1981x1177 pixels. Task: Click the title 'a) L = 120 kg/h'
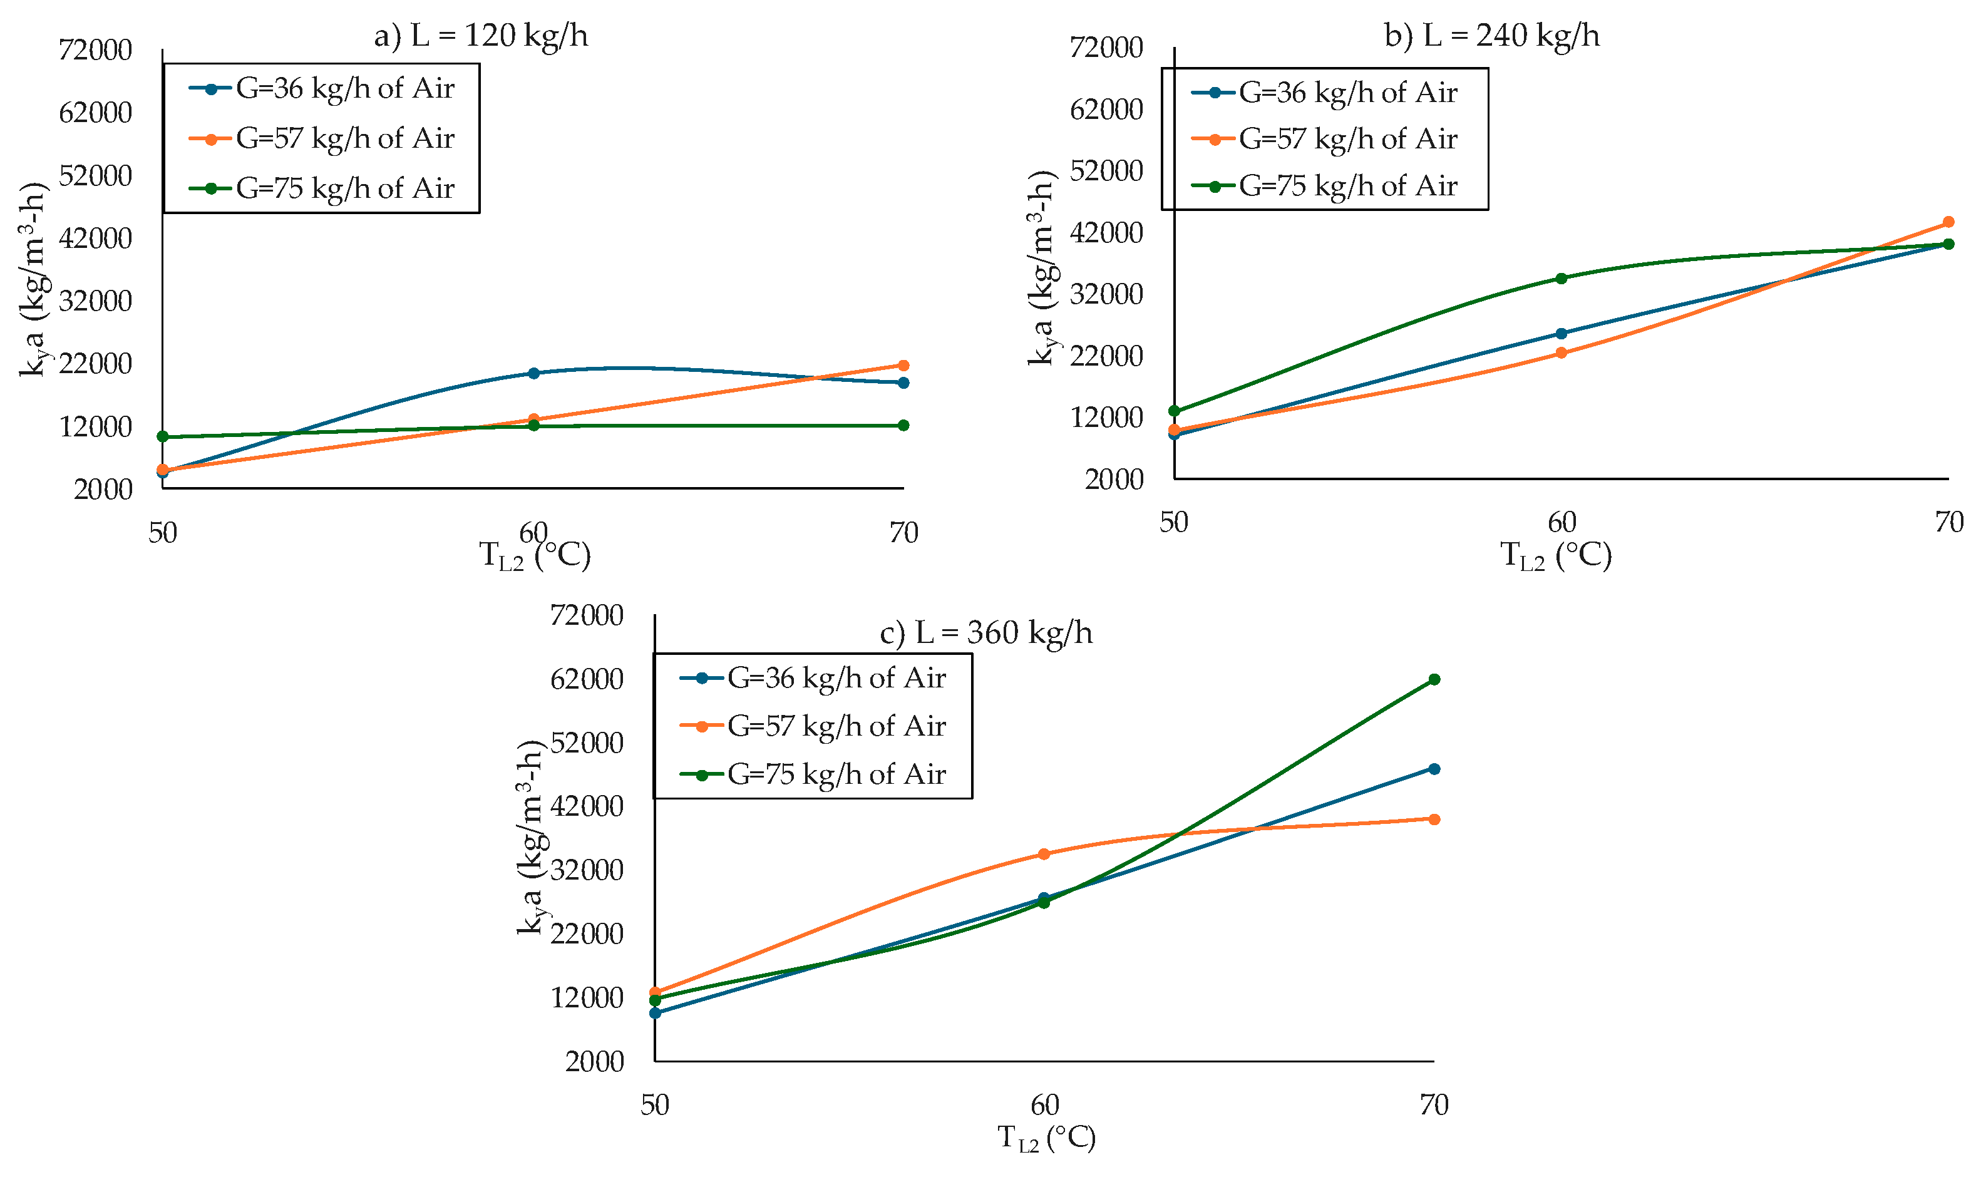tap(481, 36)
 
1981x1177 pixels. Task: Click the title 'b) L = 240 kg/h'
tap(1491, 36)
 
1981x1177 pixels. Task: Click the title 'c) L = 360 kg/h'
tap(987, 633)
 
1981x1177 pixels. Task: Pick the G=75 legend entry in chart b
tap(1324, 185)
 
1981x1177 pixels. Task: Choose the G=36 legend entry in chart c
tap(813, 678)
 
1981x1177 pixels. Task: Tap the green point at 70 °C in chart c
tap(1434, 680)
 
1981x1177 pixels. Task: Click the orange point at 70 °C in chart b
tap(1948, 222)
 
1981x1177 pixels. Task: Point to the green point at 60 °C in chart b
tap(1561, 279)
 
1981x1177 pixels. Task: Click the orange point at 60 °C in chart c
tap(1044, 854)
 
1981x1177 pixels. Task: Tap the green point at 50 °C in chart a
tap(163, 437)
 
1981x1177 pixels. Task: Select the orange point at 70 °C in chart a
tap(903, 366)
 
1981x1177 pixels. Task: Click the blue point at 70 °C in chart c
tap(1434, 769)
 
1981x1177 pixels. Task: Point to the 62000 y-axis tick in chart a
tap(96, 113)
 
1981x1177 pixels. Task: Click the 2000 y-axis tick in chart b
tap(1115, 480)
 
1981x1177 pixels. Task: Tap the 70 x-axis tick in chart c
tap(1434, 1105)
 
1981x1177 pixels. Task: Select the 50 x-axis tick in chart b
tap(1174, 523)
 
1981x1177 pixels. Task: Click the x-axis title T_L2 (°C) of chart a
tap(535, 556)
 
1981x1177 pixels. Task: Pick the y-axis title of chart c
tap(530, 838)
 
